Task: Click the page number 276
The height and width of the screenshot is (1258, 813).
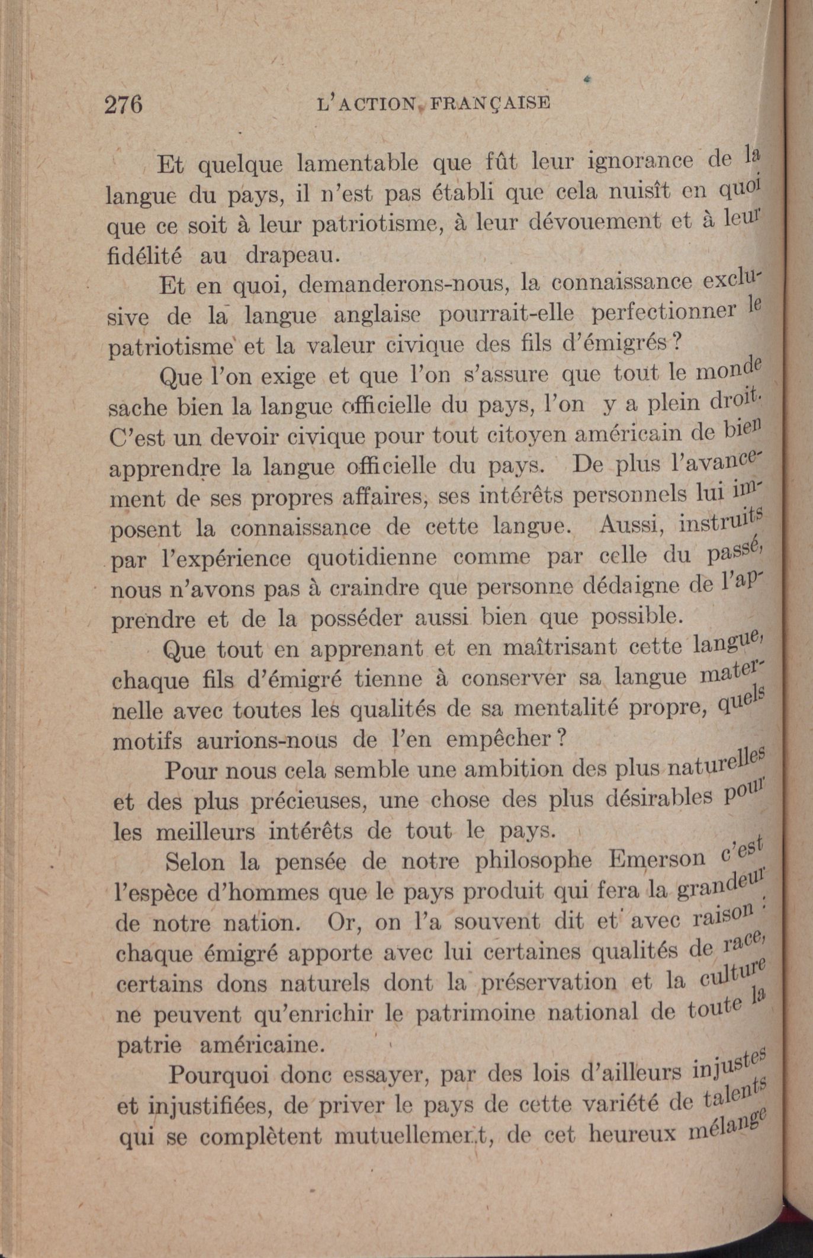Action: pos(124,105)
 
